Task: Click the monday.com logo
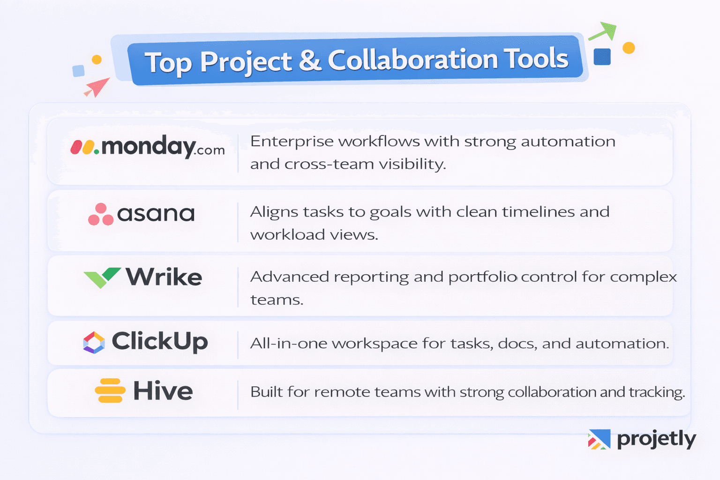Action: [147, 147]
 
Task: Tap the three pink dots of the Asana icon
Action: [101, 214]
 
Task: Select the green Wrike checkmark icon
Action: [102, 277]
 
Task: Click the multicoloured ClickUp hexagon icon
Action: [94, 342]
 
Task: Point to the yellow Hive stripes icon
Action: [110, 390]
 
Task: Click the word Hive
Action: [163, 391]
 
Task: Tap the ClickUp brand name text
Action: [159, 341]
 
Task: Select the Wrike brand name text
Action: [164, 277]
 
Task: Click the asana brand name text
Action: [156, 214]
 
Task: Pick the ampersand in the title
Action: [310, 60]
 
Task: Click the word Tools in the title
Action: [536, 59]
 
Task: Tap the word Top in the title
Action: [168, 63]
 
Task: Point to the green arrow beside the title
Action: [603, 31]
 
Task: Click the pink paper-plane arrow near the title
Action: [97, 87]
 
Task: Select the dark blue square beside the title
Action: [602, 57]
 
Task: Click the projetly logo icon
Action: [599, 439]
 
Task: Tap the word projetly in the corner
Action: [656, 439]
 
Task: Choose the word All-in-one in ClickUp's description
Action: [288, 344]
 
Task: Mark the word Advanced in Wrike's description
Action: [289, 277]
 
